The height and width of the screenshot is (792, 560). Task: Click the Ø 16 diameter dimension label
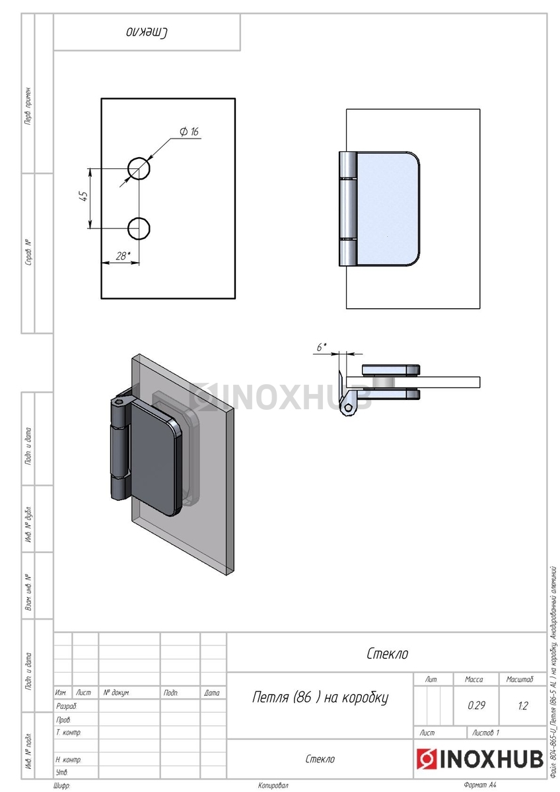point(189,132)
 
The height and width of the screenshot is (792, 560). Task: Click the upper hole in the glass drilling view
point(139,168)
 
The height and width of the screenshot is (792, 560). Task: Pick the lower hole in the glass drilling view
point(139,228)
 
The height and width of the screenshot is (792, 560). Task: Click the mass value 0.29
point(476,706)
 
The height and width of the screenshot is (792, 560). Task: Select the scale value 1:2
point(522,706)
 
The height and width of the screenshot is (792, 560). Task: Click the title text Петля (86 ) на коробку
point(320,697)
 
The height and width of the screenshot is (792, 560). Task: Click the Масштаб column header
point(519,679)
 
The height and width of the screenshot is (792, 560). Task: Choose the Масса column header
point(473,679)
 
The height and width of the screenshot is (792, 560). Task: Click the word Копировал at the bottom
point(273,785)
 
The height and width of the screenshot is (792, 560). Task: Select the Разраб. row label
point(66,706)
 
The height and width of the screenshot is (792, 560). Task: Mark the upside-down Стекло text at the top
point(147,32)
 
